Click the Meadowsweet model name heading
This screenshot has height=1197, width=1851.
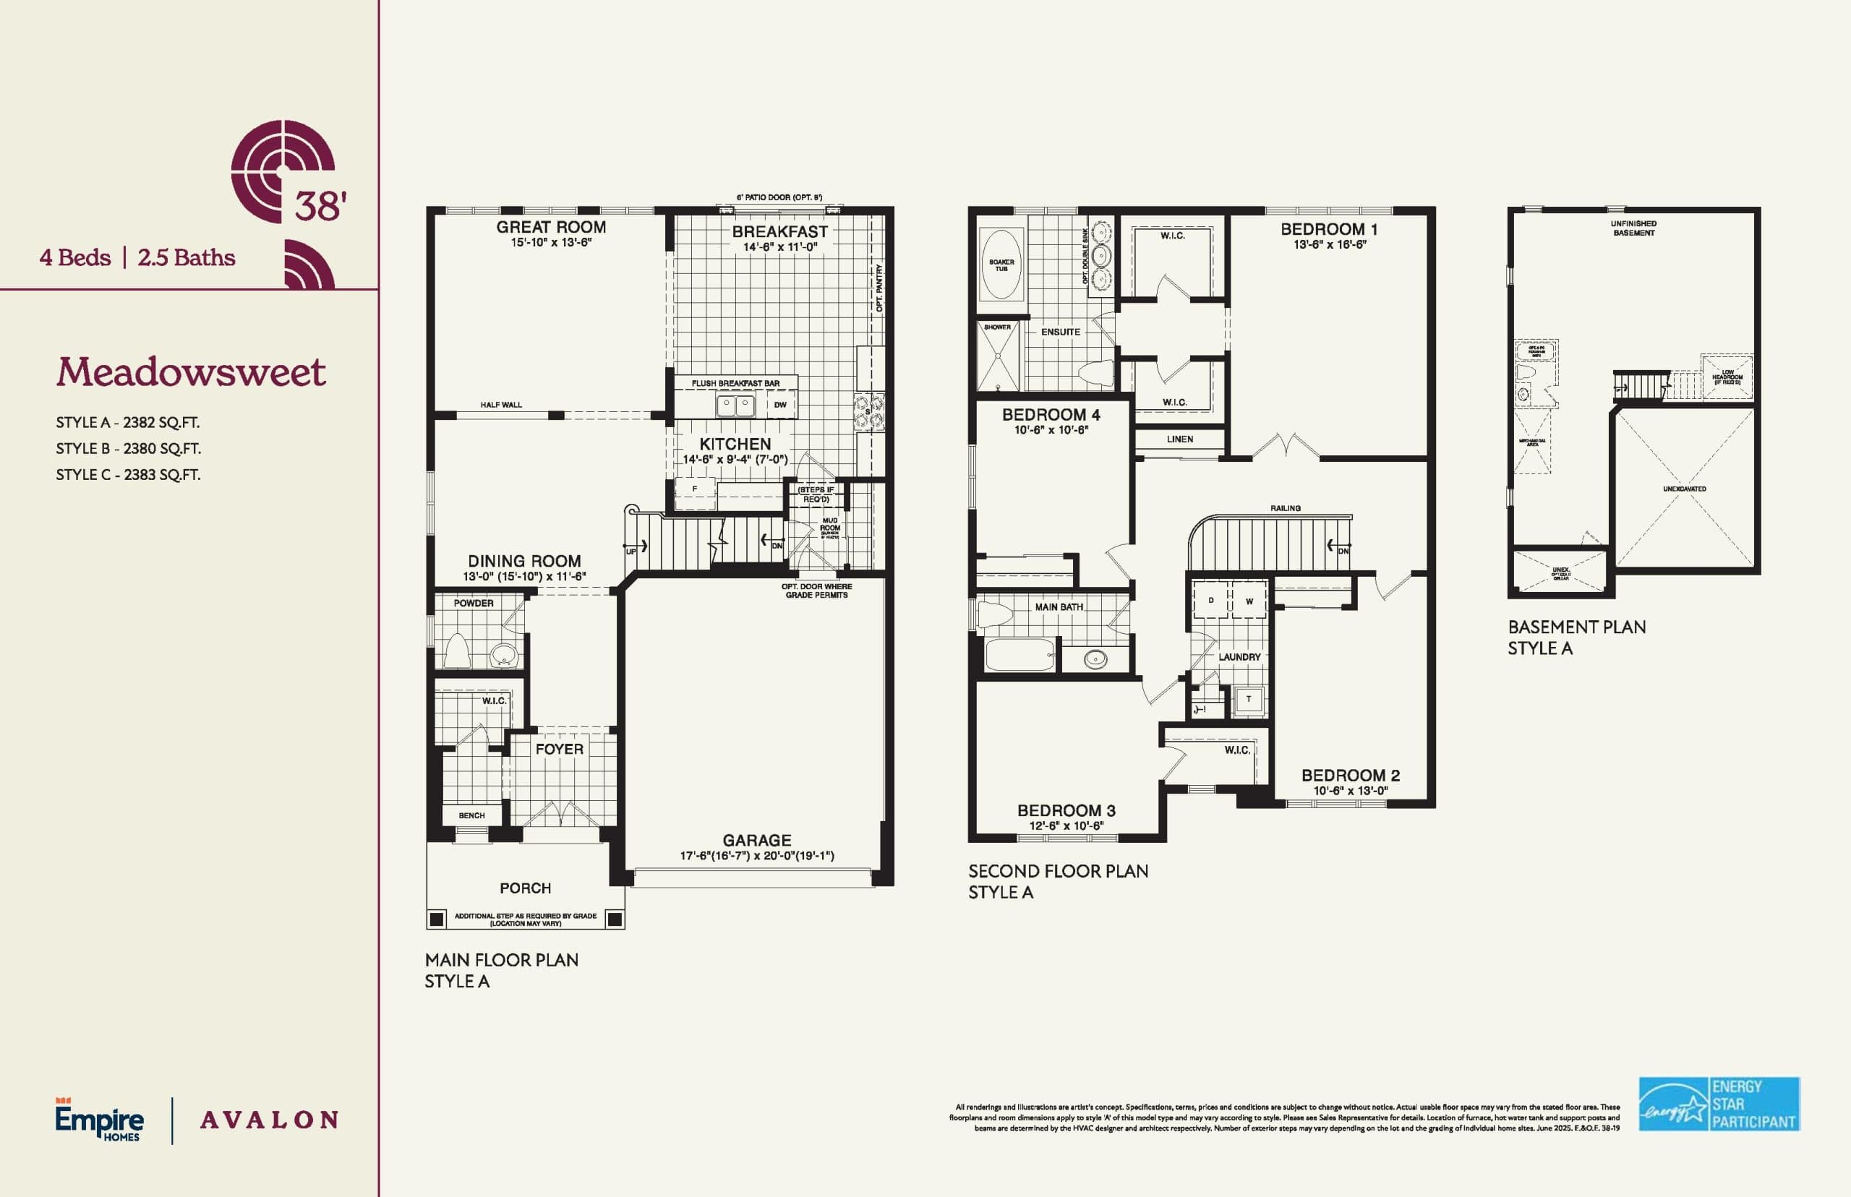tap(190, 372)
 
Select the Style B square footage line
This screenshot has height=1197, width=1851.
tap(128, 448)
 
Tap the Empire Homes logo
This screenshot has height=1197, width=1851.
tap(99, 1120)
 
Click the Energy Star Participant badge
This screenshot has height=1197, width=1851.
tap(1719, 1104)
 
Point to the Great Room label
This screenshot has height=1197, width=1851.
tap(550, 227)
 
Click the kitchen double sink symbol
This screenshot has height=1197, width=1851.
tap(735, 404)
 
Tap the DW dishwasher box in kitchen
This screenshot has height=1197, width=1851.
tap(779, 404)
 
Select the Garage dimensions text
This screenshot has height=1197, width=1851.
tap(756, 856)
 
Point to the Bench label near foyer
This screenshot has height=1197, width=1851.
tap(471, 815)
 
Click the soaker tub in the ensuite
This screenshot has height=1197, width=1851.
tap(1001, 265)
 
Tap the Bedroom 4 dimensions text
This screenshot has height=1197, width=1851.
tap(1051, 430)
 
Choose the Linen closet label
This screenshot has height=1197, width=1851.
tap(1179, 439)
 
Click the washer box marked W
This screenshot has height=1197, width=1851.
tap(1249, 601)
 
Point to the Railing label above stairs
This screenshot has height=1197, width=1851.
tap(1285, 508)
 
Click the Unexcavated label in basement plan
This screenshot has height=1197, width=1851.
tap(1684, 489)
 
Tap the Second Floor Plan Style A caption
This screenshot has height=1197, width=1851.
tap(1057, 881)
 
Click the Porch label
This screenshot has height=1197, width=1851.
tap(525, 888)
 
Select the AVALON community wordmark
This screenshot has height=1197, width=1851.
tap(269, 1120)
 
